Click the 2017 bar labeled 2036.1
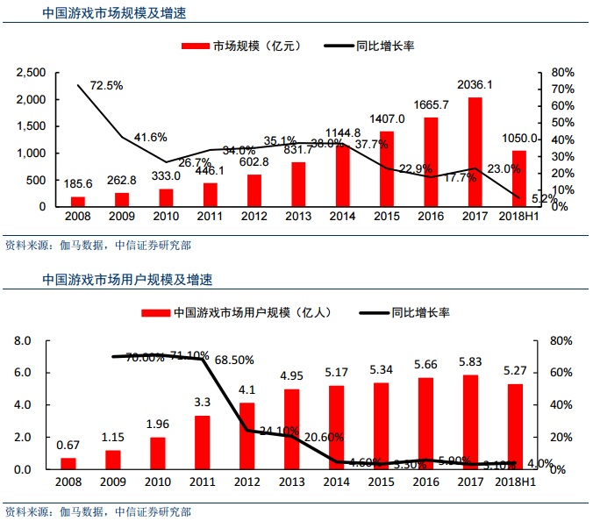[475, 152]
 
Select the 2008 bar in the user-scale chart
[68, 463]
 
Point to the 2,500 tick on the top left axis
[32, 72]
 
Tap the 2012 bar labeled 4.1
[247, 436]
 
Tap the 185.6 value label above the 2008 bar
[78, 184]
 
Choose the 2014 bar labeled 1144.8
[342, 175]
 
